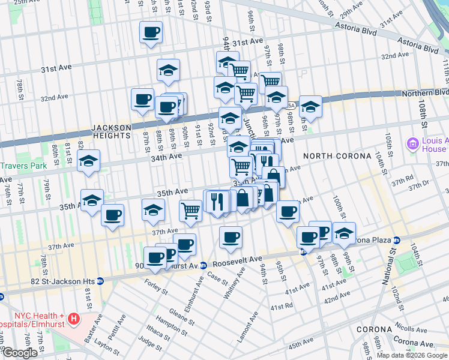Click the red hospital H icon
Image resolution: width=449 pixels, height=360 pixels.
point(74,317)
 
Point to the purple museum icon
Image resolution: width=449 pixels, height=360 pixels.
point(412,144)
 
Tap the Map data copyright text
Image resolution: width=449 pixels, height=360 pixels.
point(412,355)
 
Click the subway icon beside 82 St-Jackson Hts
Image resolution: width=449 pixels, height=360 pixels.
point(100,281)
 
